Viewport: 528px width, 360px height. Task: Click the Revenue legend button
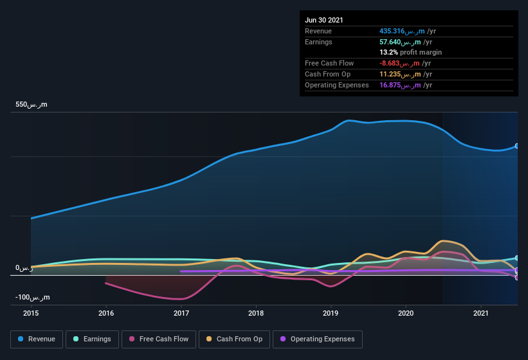point(37,339)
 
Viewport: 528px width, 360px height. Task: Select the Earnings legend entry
point(92,339)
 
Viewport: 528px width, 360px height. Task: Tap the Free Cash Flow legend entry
point(159,339)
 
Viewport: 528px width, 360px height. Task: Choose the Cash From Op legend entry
point(234,339)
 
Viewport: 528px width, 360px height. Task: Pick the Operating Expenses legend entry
point(317,339)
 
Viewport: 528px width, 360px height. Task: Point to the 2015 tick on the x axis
point(31,313)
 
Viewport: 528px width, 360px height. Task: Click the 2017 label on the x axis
point(181,313)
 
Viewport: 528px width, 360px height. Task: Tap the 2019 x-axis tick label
point(331,313)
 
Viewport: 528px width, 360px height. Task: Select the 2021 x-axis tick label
point(480,313)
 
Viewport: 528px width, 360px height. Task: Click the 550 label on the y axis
point(31,104)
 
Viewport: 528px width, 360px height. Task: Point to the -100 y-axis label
point(32,297)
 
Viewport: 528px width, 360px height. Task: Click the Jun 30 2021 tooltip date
point(324,20)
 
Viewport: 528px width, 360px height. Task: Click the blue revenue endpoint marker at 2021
point(517,146)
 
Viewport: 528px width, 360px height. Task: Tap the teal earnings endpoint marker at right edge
point(517,258)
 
